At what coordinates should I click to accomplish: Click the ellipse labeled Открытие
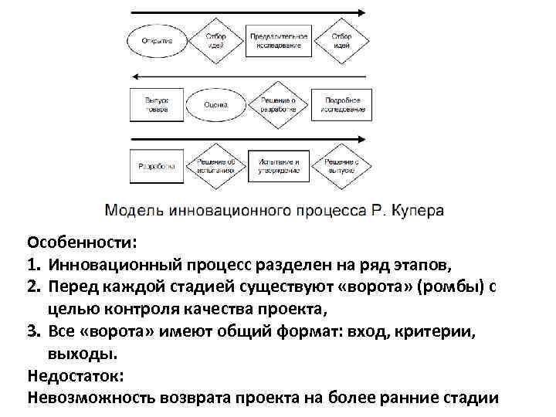click(157, 41)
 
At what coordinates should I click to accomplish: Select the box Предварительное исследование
click(278, 41)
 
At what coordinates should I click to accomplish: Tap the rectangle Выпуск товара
click(157, 104)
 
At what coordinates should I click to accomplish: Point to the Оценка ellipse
click(215, 104)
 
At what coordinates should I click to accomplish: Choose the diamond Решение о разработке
click(278, 104)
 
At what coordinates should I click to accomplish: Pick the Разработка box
click(157, 165)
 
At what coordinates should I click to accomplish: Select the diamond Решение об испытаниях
click(215, 165)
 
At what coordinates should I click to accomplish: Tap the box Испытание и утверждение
click(278, 165)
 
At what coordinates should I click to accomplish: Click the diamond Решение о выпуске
click(341, 165)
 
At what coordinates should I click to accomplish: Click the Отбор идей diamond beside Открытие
click(216, 41)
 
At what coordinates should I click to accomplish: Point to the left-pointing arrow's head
click(136, 76)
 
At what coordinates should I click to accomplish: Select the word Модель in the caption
click(135, 209)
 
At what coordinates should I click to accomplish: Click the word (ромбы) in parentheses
click(443, 287)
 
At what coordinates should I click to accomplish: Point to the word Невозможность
click(92, 398)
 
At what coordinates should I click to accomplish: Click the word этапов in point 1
click(419, 265)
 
